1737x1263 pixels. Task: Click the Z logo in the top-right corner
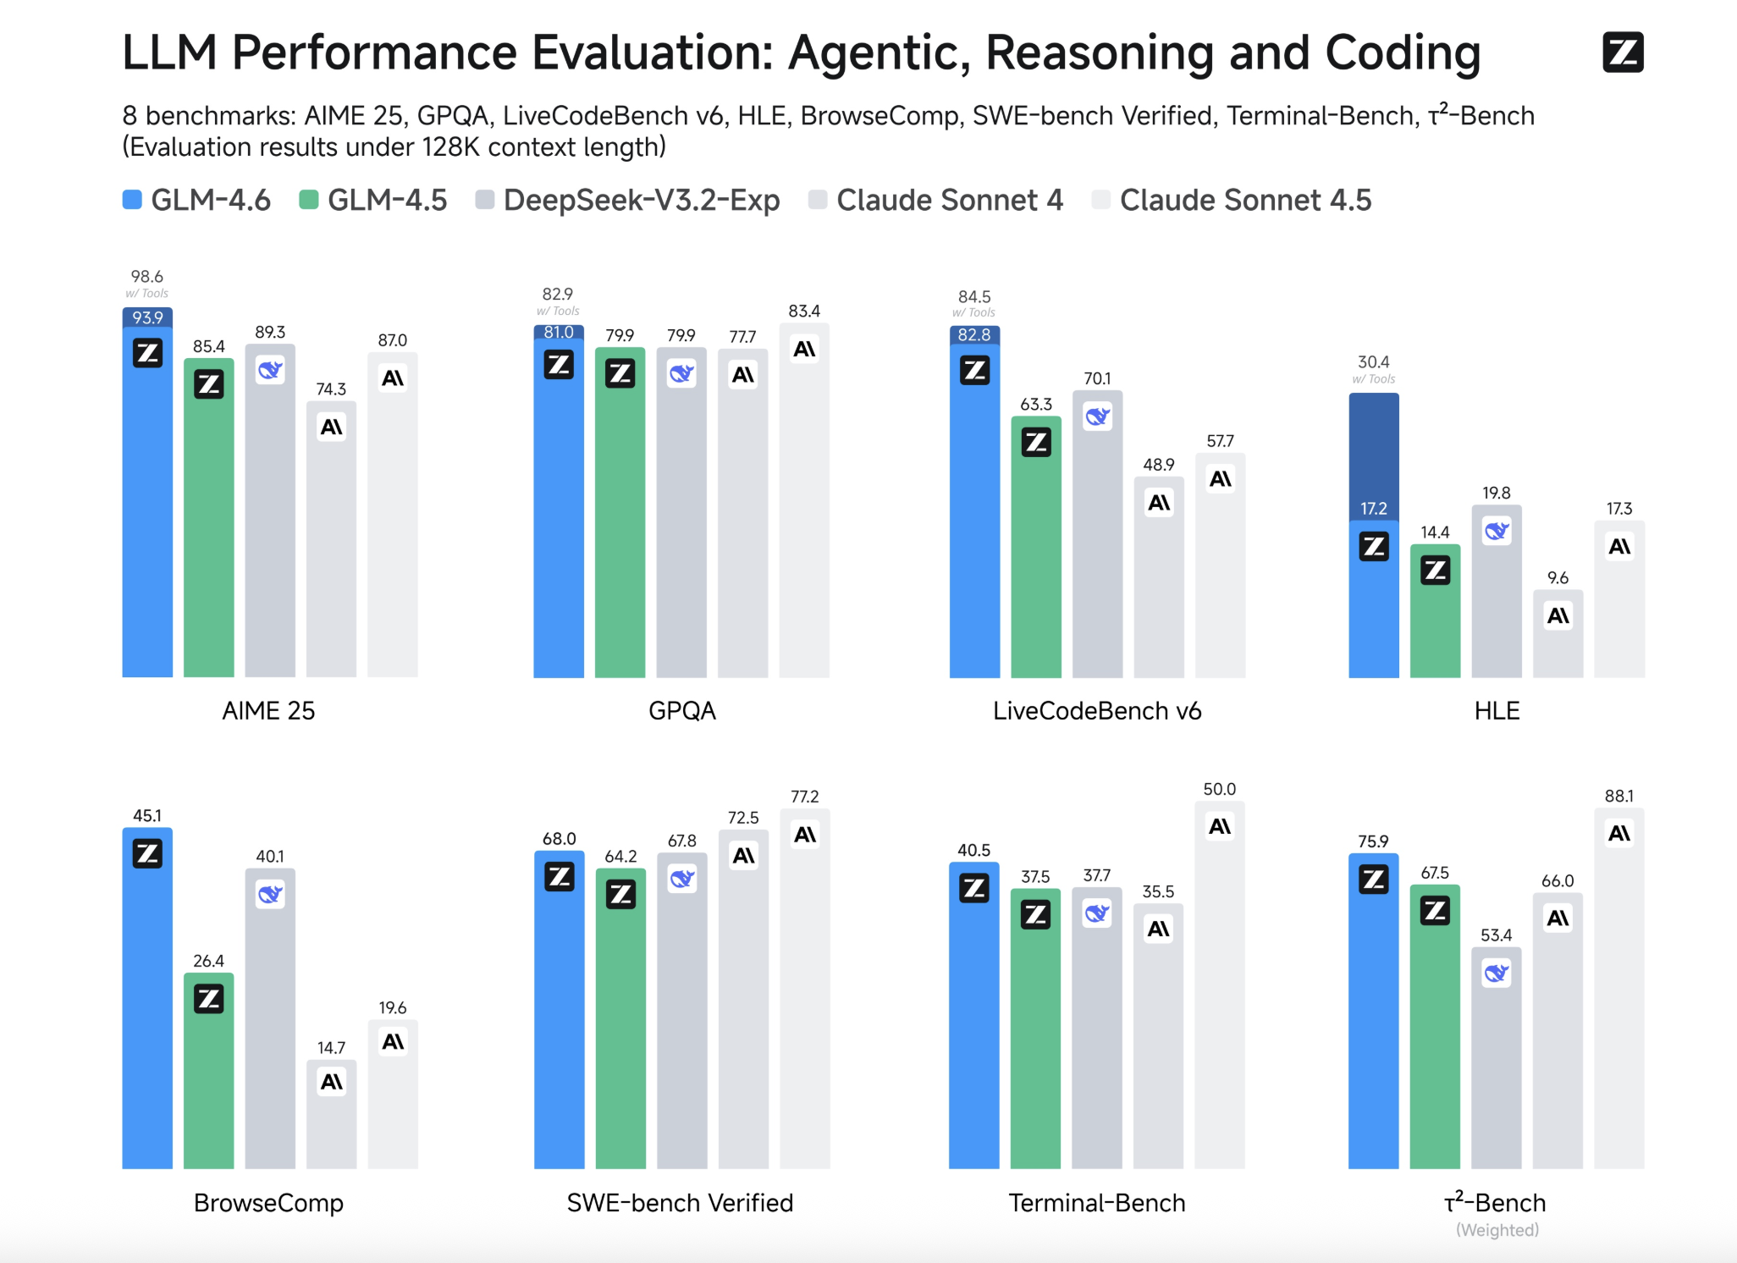tap(1622, 52)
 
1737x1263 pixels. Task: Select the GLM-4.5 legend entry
tap(373, 201)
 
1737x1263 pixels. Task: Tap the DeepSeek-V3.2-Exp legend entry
tap(627, 201)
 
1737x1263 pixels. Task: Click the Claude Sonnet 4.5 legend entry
tap(1232, 201)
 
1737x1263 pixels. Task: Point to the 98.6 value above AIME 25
tap(147, 277)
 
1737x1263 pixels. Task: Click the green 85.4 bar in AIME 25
tap(209, 525)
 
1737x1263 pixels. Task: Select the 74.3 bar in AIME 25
tap(331, 550)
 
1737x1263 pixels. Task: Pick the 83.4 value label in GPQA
tap(804, 312)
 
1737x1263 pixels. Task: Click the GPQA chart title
tap(682, 711)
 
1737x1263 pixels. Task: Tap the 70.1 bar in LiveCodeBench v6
tap(1097, 542)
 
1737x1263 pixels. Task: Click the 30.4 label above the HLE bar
tap(1373, 362)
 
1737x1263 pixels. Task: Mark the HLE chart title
tap(1497, 711)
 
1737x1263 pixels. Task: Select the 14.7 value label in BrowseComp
tap(331, 1048)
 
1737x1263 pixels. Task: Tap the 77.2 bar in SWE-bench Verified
tap(805, 999)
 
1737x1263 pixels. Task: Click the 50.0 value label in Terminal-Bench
tap(1219, 789)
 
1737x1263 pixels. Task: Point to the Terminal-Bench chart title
tap(1097, 1203)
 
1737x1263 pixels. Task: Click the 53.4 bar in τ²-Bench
tap(1496, 1067)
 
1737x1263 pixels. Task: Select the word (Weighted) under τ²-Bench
tap(1497, 1230)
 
